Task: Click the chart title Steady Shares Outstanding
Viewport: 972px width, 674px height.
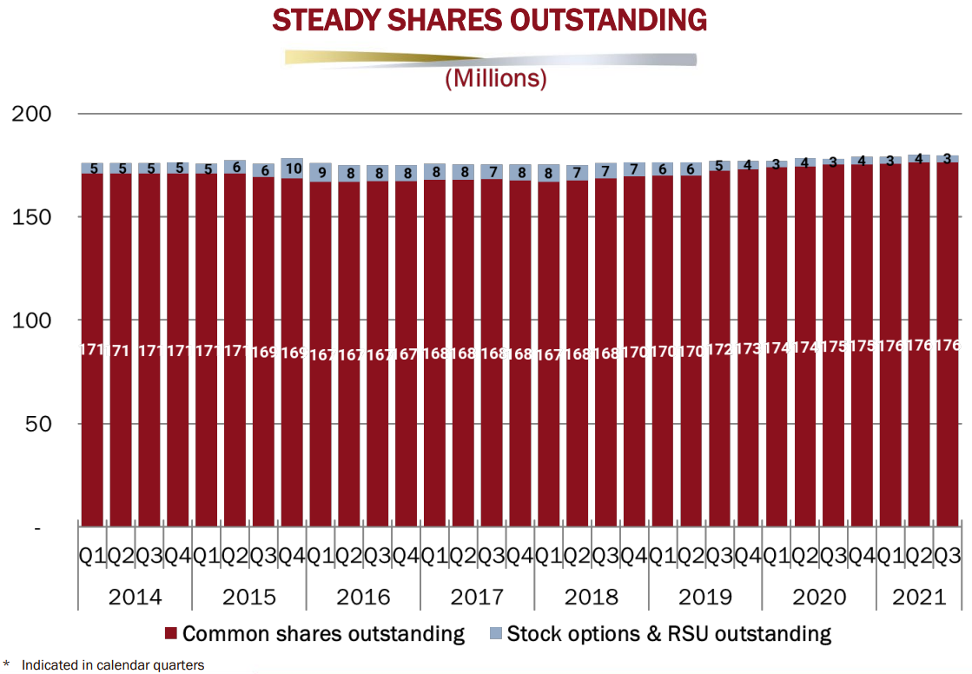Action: click(x=489, y=21)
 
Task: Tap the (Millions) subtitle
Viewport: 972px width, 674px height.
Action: click(x=495, y=79)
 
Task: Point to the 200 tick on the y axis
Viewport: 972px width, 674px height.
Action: click(x=32, y=114)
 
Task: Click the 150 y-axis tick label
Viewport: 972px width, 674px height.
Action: click(x=32, y=217)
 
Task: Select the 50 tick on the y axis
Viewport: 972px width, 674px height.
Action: click(x=38, y=424)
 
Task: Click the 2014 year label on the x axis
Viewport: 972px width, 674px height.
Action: click(x=135, y=598)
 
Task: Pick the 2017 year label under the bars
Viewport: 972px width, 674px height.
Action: click(x=477, y=598)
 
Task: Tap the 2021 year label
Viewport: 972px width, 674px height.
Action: click(x=918, y=598)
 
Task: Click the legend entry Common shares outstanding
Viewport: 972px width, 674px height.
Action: click(x=314, y=634)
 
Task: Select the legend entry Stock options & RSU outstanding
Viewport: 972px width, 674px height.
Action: click(x=660, y=634)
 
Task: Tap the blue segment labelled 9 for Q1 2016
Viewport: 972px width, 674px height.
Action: click(x=321, y=172)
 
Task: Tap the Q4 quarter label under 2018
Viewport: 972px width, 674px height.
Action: click(x=633, y=557)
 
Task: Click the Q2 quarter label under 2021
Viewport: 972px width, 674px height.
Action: click(x=919, y=557)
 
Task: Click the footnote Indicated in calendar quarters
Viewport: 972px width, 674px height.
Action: click(x=112, y=665)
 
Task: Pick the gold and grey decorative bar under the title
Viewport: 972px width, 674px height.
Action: click(x=491, y=58)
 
